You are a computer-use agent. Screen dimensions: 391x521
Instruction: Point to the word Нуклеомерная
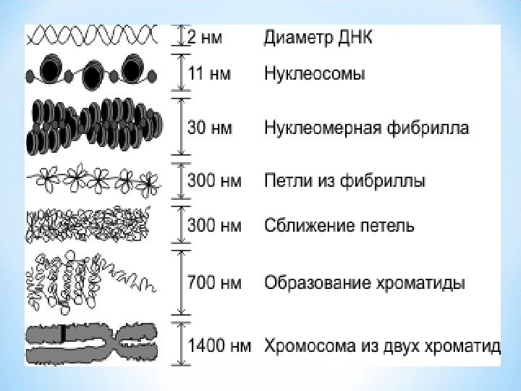coord(313,128)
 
